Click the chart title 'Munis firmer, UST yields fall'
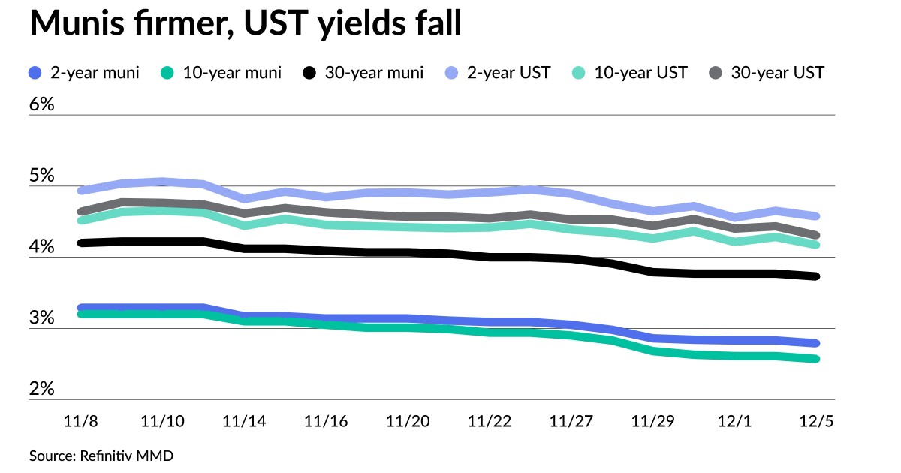[245, 25]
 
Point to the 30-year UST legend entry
[767, 73]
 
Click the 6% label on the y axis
[42, 104]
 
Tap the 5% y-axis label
[42, 176]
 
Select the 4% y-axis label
[42, 247]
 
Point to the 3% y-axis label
[42, 318]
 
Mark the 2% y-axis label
[42, 390]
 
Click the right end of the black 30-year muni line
[815, 276]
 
